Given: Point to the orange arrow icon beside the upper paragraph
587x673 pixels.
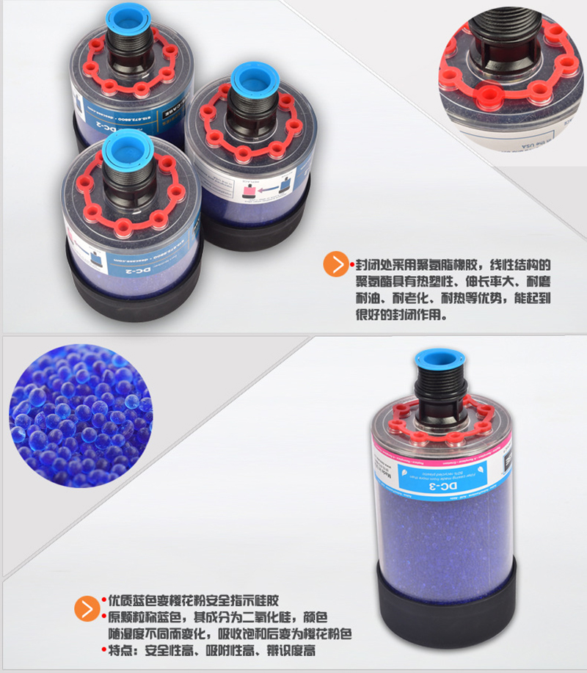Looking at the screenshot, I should [x=336, y=265].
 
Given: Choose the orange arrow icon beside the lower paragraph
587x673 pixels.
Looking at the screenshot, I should [x=87, y=608].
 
